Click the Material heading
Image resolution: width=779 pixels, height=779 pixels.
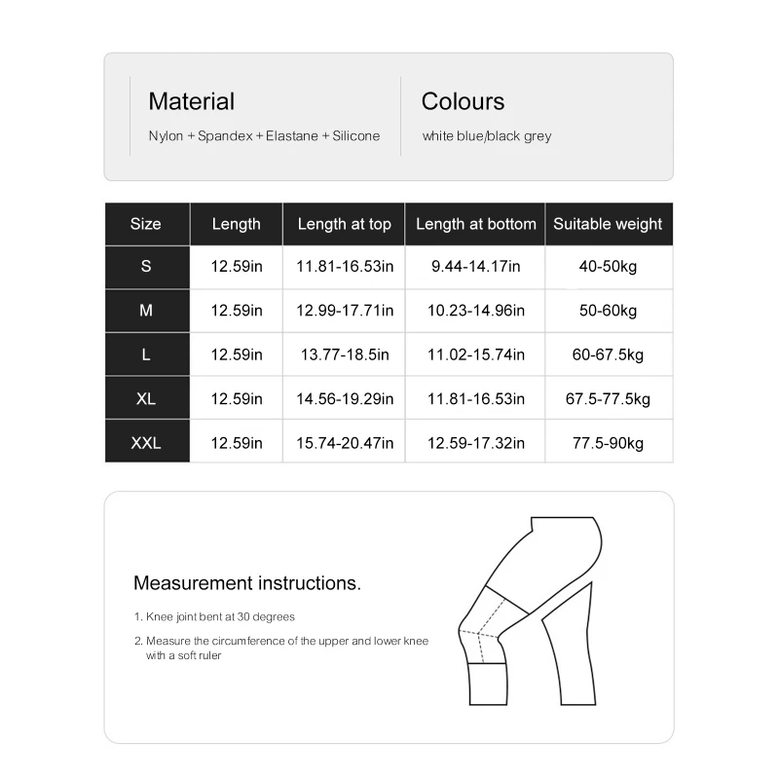191,101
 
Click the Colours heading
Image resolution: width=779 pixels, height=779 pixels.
463,101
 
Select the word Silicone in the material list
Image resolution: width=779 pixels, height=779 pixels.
355,136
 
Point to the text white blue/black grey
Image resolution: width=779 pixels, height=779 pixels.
487,136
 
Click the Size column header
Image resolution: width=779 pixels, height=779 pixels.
146,224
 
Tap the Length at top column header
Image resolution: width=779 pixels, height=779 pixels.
344,224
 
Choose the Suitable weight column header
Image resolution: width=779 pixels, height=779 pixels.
608,224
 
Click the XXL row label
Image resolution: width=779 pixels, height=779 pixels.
146,443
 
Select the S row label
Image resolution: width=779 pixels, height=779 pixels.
146,267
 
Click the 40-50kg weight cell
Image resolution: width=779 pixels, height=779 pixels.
608,267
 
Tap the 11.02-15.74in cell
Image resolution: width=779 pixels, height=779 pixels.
475,354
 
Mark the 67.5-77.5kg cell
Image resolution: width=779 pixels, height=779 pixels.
608,399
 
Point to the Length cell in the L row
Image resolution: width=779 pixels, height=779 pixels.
237,354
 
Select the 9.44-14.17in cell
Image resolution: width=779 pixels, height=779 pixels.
475,267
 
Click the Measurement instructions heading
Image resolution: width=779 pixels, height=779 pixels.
247,583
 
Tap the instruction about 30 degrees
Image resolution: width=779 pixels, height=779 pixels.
220,616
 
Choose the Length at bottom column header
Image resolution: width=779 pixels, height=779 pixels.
475,224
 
